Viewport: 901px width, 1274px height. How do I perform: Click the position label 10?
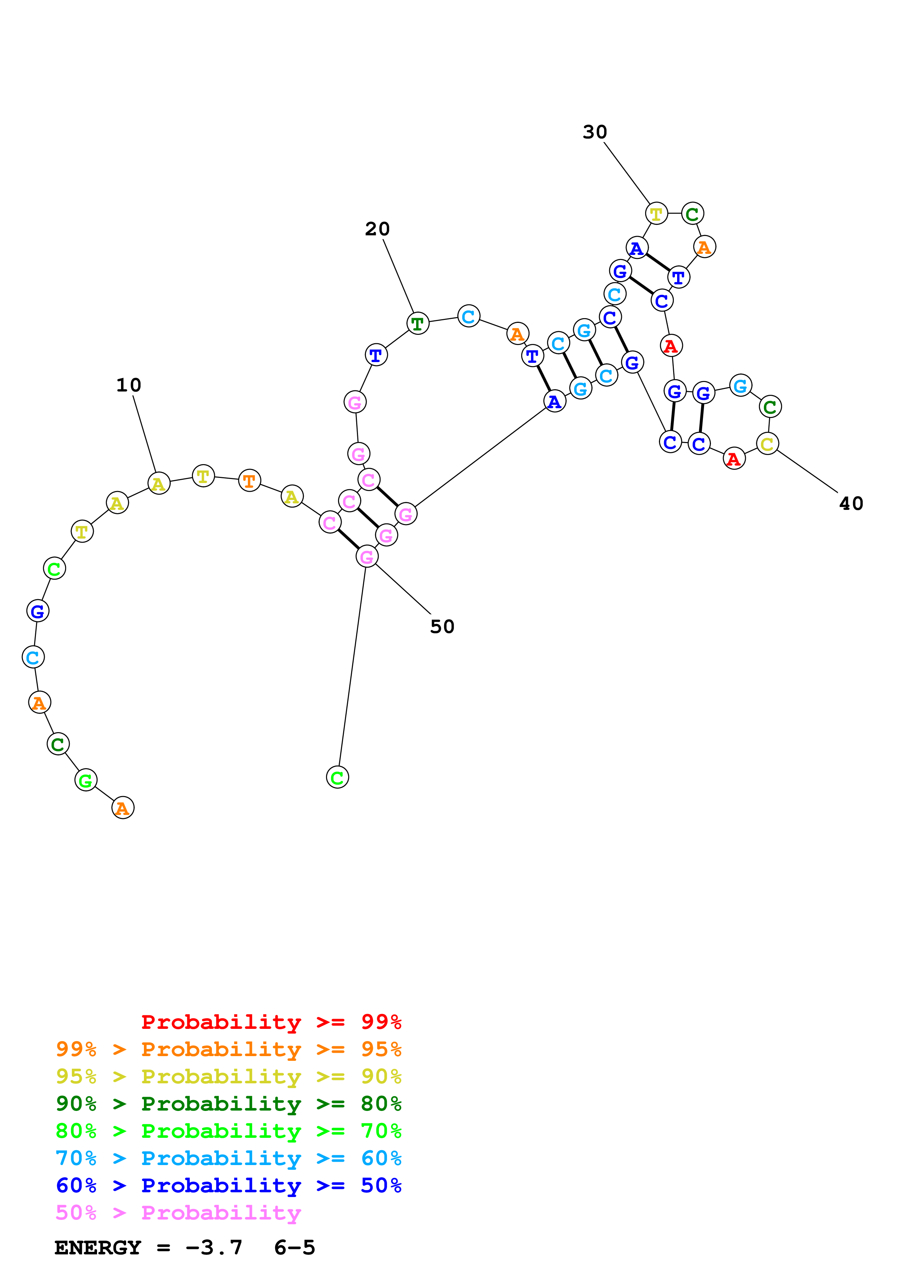pyautogui.click(x=129, y=385)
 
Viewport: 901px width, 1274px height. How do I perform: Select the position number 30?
pyautogui.click(x=595, y=132)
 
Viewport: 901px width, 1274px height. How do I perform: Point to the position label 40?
pyautogui.click(x=851, y=503)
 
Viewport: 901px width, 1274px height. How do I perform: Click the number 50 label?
pyautogui.click(x=442, y=626)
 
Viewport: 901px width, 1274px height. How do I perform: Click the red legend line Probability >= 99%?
pyautogui.click(x=271, y=1022)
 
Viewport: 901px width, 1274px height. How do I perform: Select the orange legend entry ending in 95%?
pyautogui.click(x=229, y=1049)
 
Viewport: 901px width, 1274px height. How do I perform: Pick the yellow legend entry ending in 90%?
pyautogui.click(x=229, y=1076)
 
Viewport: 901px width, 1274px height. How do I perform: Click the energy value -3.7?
pyautogui.click(x=214, y=1247)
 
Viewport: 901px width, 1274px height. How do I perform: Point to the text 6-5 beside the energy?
pyautogui.click(x=294, y=1247)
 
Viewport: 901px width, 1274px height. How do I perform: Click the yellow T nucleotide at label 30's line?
pyautogui.click(x=656, y=214)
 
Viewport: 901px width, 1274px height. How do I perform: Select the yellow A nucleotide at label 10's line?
pyautogui.click(x=159, y=483)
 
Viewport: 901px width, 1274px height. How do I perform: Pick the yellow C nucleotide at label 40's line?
pyautogui.click(x=767, y=443)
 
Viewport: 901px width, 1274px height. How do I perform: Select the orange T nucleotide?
pyautogui.click(x=249, y=480)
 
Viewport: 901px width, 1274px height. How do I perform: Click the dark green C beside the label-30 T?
pyautogui.click(x=692, y=214)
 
